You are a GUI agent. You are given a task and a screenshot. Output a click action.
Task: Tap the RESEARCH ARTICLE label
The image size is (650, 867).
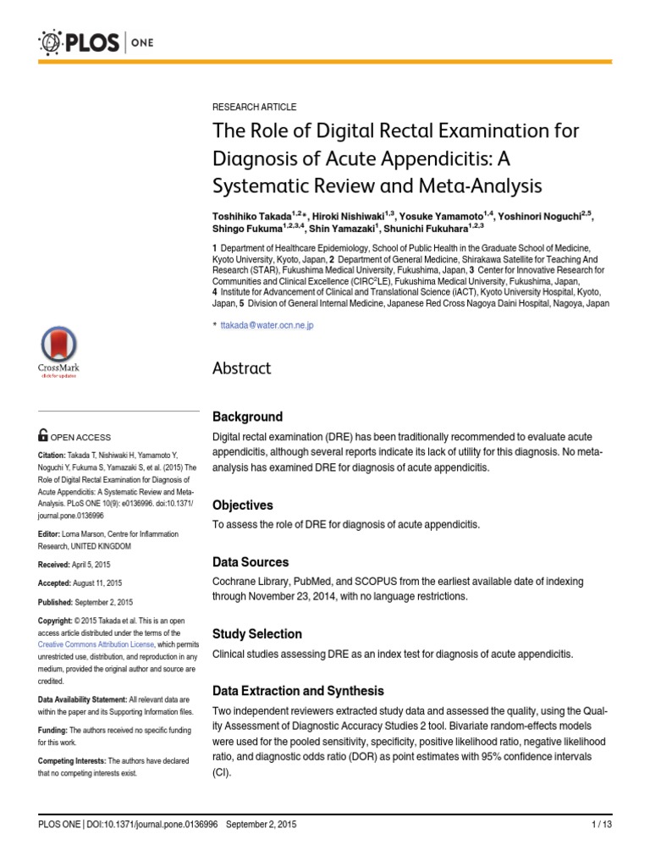[x=254, y=108]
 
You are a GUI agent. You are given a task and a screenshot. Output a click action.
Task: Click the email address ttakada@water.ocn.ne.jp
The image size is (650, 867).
[x=267, y=325]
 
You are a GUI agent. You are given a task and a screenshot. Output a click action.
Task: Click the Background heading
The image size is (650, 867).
[x=247, y=417]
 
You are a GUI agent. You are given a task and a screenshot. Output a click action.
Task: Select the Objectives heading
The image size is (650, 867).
[x=242, y=505]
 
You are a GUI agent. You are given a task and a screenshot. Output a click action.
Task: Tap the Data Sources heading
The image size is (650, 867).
[x=250, y=562]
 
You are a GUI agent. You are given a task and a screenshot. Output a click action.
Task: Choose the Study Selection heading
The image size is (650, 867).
[x=256, y=633]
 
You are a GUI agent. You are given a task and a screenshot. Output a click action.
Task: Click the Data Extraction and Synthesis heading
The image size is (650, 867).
[x=298, y=691]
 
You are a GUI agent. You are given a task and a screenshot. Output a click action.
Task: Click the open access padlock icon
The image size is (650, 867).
[x=43, y=435]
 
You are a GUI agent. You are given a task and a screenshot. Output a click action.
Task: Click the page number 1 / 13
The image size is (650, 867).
[x=600, y=824]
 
